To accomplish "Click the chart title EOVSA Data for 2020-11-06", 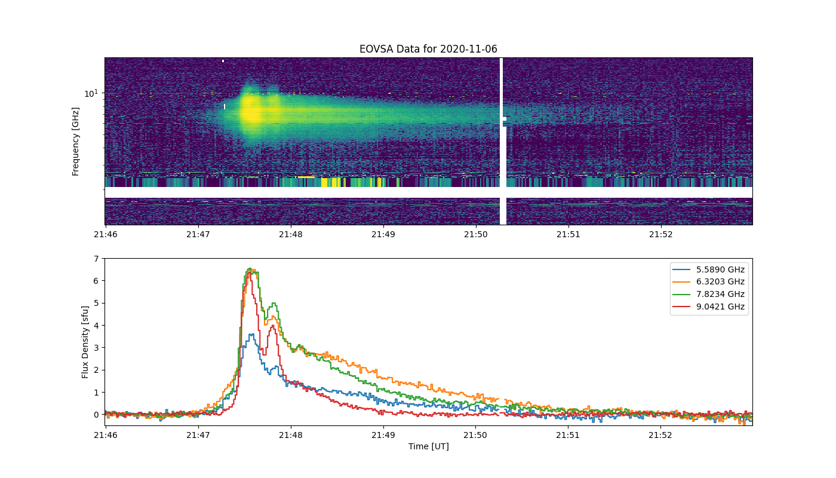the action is [428, 49].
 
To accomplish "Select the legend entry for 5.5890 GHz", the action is [708, 269].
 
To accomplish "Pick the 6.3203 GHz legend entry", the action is [708, 281].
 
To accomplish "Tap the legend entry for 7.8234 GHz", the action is [708, 294].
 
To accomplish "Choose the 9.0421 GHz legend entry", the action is [708, 307].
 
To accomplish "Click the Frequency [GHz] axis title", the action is [75, 142].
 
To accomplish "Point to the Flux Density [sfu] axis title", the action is [85, 342].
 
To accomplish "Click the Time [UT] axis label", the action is [429, 446].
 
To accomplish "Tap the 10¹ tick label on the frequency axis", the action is [91, 93].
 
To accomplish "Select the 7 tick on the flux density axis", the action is [96, 259].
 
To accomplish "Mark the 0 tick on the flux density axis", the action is [96, 415].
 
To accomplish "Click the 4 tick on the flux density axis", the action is [96, 326].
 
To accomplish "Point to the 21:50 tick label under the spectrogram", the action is [476, 234].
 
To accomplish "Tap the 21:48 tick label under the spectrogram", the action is [291, 234].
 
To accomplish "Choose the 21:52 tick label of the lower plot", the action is [660, 435].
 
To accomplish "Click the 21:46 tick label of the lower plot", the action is [106, 435].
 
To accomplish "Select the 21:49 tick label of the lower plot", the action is [383, 435].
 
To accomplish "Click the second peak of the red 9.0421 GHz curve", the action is [273, 326].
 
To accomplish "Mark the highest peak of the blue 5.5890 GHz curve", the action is [252, 334].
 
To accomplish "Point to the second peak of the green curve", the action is [274, 304].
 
